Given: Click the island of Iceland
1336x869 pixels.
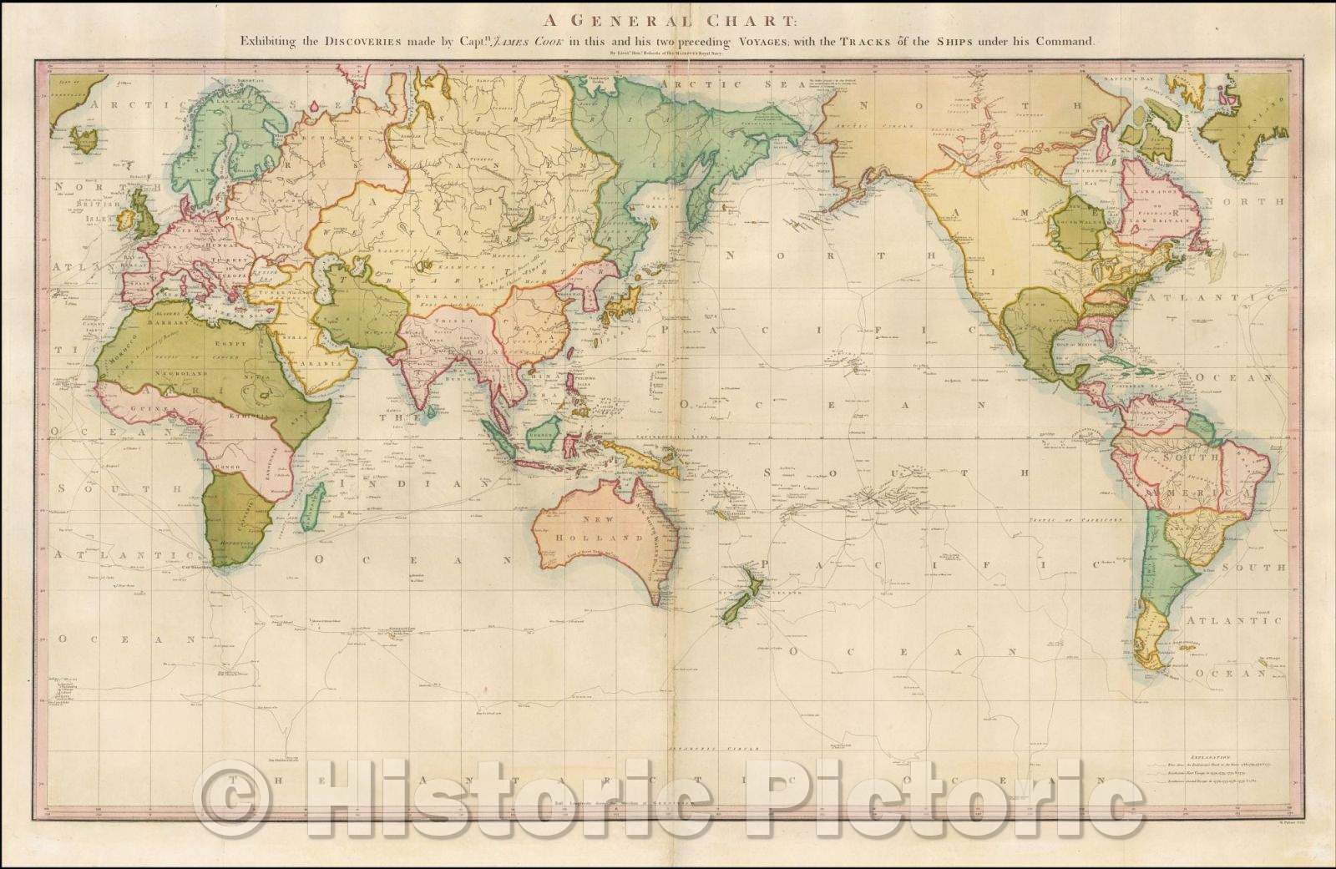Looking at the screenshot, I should (85, 139).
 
